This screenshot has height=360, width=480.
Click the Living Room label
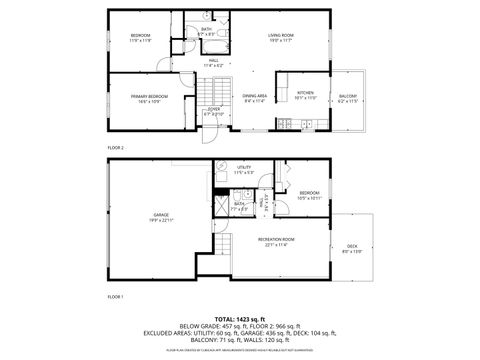280,38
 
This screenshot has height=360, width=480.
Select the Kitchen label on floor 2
305,96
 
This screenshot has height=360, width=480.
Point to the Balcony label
347,98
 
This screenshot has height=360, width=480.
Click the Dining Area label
255,98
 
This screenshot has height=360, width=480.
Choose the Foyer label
213,114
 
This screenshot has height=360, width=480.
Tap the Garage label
160,217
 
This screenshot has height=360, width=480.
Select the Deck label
352,250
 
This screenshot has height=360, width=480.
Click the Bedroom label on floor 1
309,195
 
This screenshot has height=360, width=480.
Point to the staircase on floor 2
209,91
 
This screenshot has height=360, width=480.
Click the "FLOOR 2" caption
115,147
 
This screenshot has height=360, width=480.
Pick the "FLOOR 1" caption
115,297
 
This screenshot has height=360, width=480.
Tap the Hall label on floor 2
213,62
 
